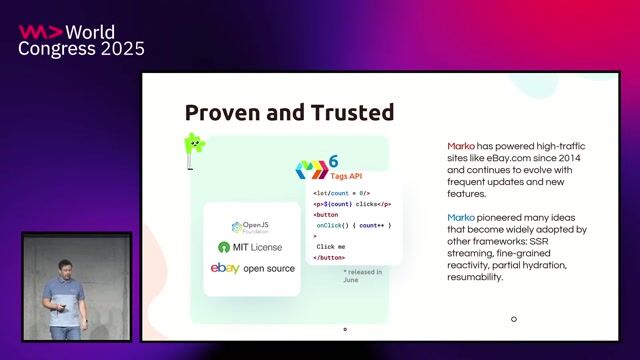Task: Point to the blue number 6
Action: (x=333, y=160)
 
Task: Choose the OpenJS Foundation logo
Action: (x=251, y=227)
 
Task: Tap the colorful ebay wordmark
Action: (x=225, y=268)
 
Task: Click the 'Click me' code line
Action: (x=331, y=246)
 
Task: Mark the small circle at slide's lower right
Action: (x=514, y=320)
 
